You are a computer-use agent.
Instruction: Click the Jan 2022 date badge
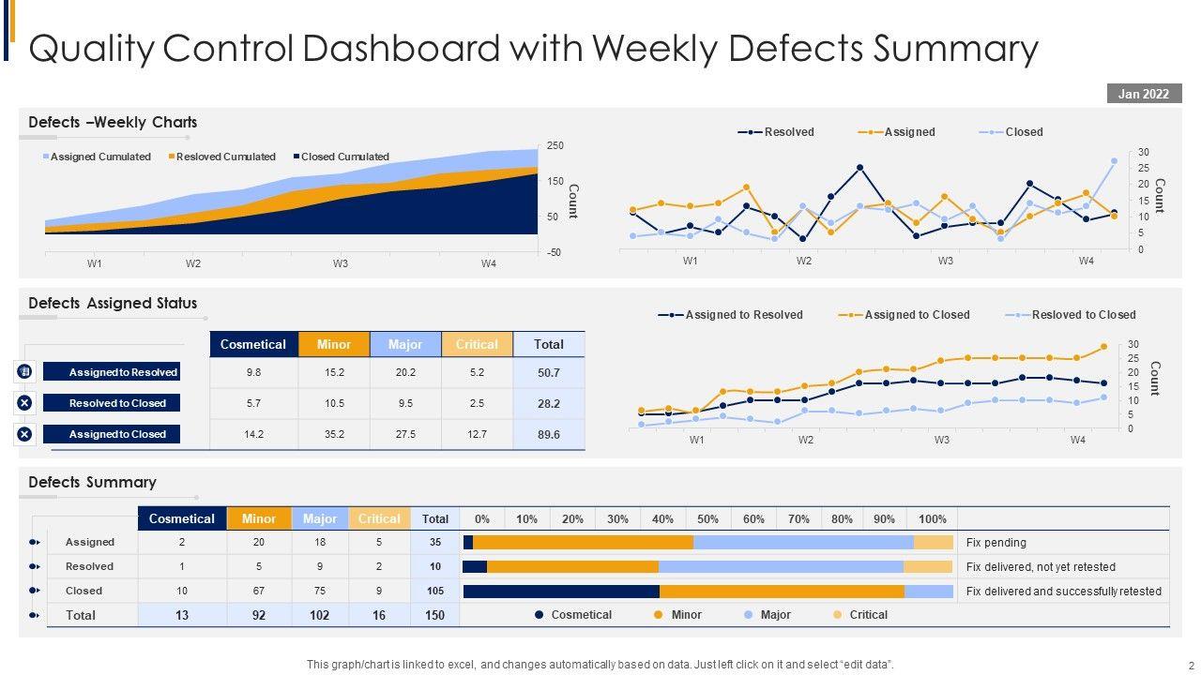point(1143,93)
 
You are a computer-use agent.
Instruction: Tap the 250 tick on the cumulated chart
point(555,145)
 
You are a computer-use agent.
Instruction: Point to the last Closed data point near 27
point(1114,161)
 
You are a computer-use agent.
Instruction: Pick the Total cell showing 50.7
point(549,373)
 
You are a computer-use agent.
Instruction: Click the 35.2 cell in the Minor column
point(334,434)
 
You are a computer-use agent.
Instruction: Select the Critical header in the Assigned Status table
point(477,344)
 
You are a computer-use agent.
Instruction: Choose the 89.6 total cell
point(549,434)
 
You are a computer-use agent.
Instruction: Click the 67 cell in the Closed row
point(259,591)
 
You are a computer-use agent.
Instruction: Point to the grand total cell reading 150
point(435,615)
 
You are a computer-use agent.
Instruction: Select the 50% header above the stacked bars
point(708,518)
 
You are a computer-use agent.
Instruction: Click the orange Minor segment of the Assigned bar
point(583,542)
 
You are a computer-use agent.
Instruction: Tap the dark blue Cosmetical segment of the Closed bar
point(561,591)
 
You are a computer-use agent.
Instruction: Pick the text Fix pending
point(996,542)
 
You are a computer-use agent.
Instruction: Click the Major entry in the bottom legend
point(775,615)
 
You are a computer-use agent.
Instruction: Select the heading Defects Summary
point(92,482)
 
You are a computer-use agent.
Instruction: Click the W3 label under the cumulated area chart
point(340,264)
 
